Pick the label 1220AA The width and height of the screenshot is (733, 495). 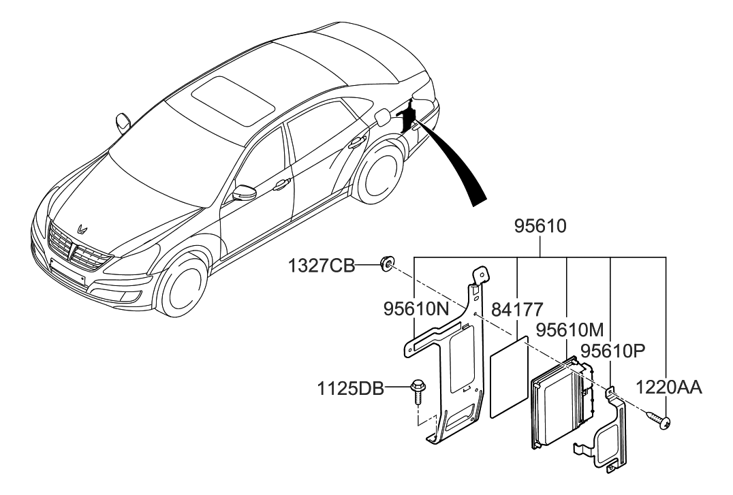[669, 387]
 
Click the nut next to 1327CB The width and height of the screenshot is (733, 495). [387, 263]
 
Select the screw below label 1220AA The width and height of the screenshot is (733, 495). [661, 421]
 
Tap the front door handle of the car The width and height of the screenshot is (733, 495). [280, 185]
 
